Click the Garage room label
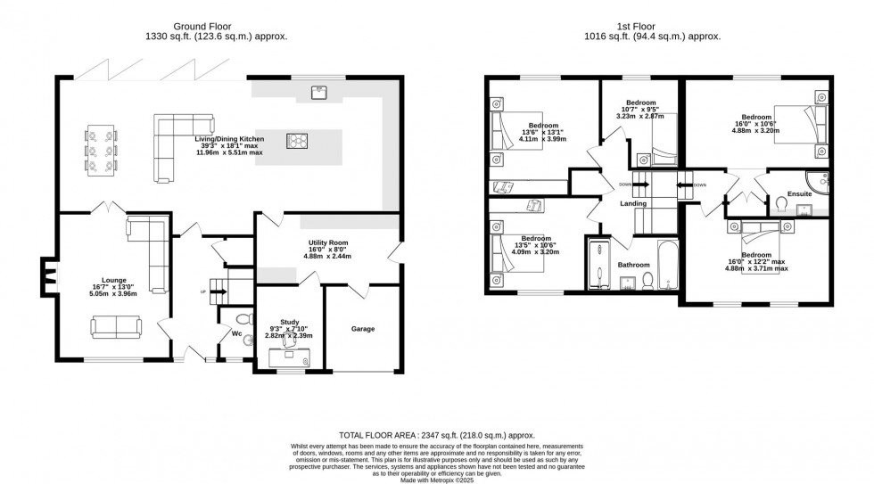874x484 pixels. (x=362, y=329)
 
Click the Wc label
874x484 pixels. (x=237, y=334)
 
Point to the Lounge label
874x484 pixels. (x=111, y=285)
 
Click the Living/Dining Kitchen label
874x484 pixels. (x=231, y=140)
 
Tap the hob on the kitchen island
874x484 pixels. (x=297, y=140)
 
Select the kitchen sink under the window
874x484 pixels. (x=319, y=91)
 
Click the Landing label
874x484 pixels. (x=633, y=203)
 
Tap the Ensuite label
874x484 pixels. (x=799, y=193)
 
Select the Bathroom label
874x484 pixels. (x=633, y=265)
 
